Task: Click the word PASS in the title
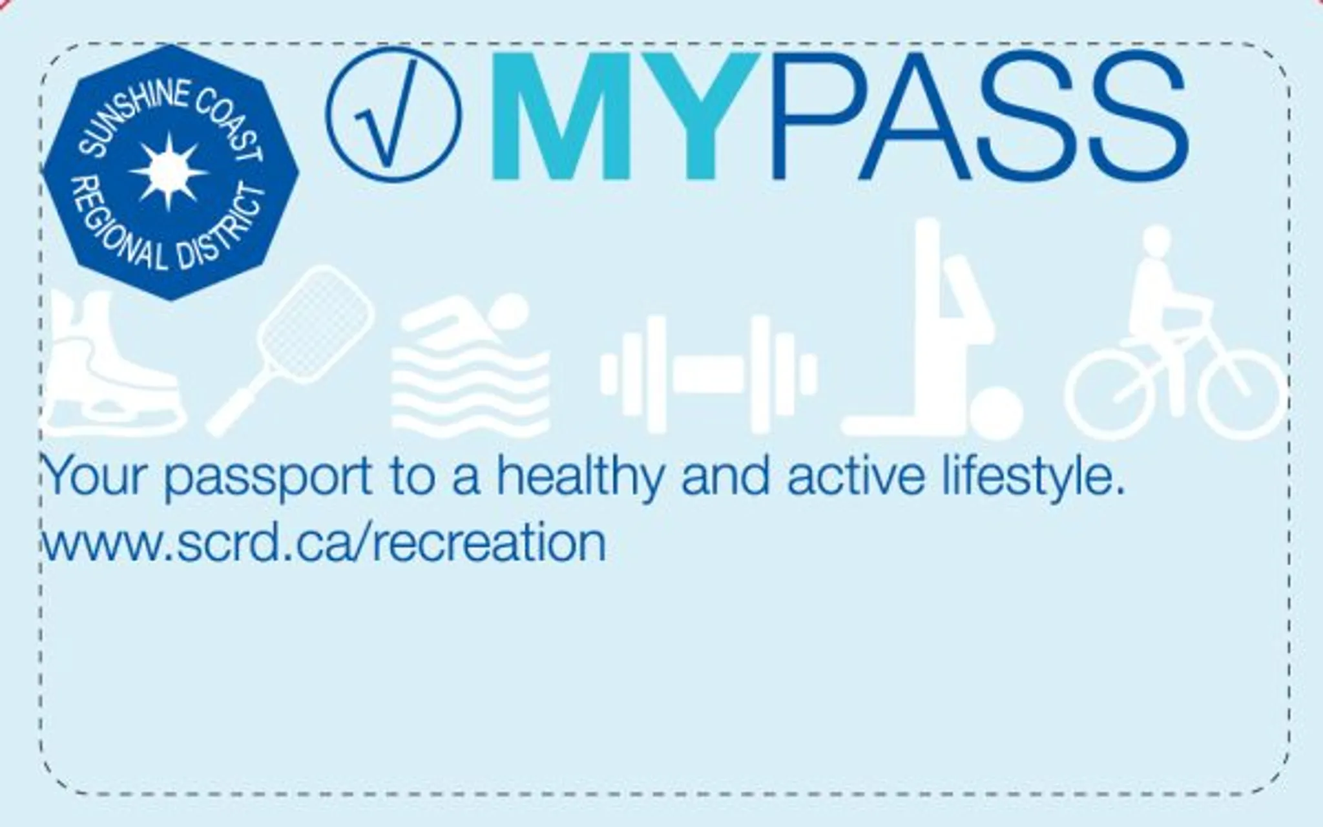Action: pyautogui.click(x=977, y=116)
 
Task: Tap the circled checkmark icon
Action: pyautogui.click(x=394, y=114)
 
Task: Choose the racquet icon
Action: pyautogui.click(x=291, y=350)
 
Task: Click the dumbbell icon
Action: pyautogui.click(x=709, y=374)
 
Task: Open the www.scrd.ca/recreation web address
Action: pyautogui.click(x=323, y=543)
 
